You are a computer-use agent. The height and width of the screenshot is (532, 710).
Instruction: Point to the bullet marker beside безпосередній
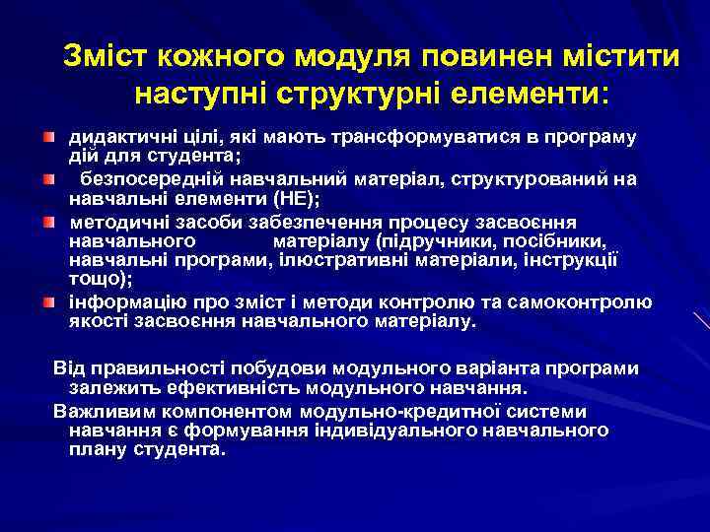47,178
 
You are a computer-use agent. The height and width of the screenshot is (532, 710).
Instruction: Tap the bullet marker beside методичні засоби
47,221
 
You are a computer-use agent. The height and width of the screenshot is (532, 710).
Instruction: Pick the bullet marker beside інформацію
47,300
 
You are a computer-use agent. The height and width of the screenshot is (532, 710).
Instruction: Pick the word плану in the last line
94,448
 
